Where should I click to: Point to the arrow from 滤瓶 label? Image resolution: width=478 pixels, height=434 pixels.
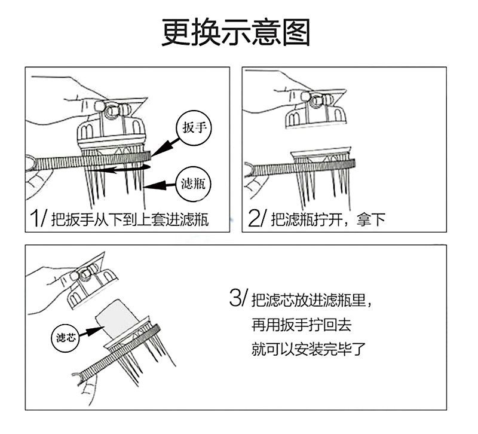(x=161, y=187)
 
